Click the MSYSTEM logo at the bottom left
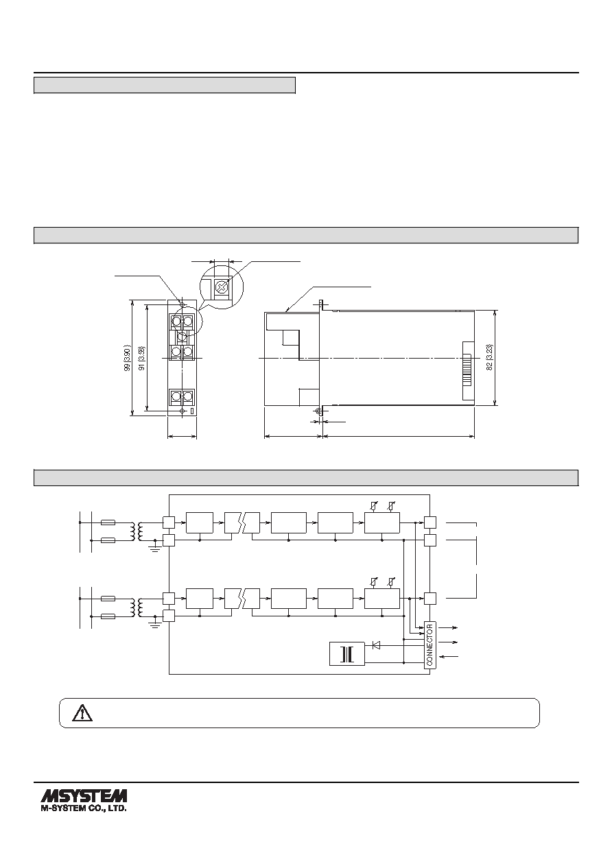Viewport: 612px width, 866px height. [x=84, y=795]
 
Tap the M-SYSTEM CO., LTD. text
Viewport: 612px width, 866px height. [x=84, y=808]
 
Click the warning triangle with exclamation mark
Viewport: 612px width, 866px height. [x=82, y=713]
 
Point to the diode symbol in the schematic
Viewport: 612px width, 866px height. [x=375, y=645]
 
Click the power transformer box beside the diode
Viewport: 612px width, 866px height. [x=347, y=653]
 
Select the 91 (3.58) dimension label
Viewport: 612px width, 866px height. [x=142, y=358]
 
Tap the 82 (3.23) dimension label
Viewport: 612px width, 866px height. [x=490, y=358]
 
